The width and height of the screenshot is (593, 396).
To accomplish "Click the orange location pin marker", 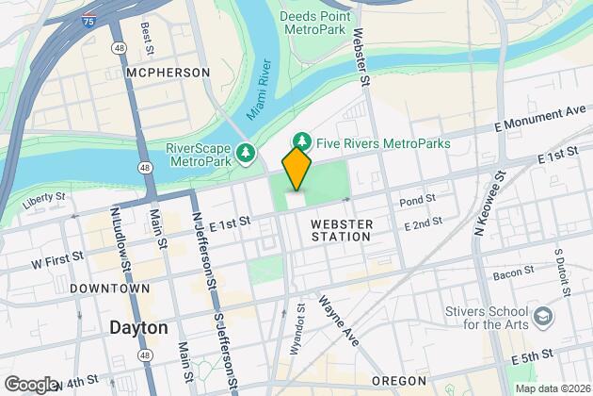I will (296, 167).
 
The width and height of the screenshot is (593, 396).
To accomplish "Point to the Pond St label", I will (417, 200).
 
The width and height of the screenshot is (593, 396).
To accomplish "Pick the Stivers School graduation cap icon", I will (544, 313).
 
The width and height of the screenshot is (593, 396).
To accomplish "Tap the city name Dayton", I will (138, 328).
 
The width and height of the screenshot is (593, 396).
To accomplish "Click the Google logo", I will (31, 385).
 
